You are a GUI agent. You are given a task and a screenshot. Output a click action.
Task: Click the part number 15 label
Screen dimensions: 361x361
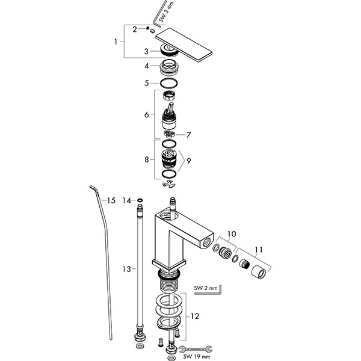pos(111,200)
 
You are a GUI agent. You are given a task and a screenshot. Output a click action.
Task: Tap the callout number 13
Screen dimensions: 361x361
pos(126,269)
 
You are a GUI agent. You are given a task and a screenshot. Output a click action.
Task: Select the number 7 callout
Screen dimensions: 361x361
pos(189,135)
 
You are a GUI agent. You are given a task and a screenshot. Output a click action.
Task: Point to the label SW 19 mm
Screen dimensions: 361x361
pos(197,357)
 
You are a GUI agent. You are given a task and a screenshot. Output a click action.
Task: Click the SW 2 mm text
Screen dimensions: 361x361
pos(206,288)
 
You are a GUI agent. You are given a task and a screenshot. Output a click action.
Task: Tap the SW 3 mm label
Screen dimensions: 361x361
pos(166,12)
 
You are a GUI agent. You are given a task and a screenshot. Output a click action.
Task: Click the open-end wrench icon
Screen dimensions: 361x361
pos(196,349)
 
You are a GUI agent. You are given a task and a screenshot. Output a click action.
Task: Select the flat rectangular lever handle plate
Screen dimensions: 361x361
pos(184,45)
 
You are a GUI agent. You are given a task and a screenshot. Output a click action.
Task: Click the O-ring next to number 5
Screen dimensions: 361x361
pos(169,83)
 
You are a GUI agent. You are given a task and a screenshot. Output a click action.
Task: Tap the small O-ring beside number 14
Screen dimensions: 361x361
pos(140,200)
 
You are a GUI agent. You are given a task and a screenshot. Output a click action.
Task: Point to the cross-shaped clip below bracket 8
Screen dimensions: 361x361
pos(168,184)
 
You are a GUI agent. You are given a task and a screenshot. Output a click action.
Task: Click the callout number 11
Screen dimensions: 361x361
pos(259,250)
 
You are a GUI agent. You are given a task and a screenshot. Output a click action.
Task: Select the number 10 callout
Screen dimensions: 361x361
pos(232,234)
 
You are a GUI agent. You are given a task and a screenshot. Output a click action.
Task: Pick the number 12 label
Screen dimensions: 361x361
pos(195,316)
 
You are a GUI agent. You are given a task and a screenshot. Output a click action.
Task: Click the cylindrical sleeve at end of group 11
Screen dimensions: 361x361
pos(259,272)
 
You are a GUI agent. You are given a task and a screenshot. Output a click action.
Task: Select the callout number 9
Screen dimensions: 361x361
pos(189,161)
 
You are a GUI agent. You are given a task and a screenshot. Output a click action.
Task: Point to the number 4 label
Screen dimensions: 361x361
pos(147,66)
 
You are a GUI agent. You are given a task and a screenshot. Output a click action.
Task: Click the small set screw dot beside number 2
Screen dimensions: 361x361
pos(147,28)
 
